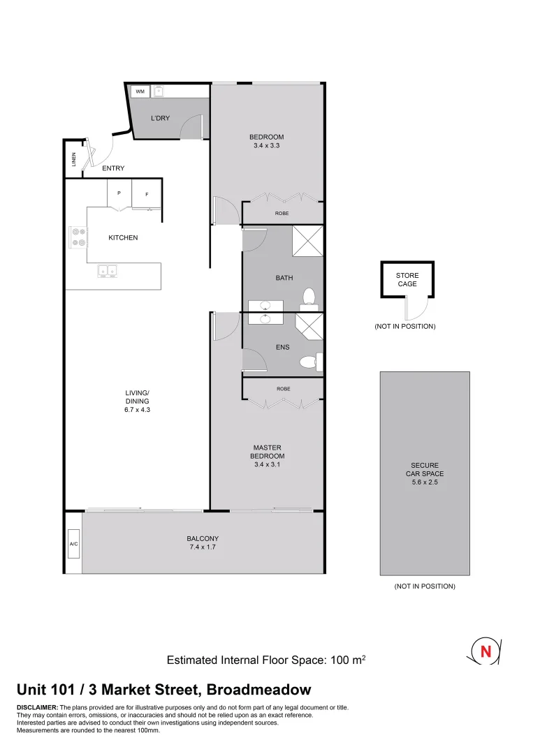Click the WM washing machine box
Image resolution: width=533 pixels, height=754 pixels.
point(140,91)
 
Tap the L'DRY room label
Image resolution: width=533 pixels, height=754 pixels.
point(160,118)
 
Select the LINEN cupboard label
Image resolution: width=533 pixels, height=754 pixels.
point(73,160)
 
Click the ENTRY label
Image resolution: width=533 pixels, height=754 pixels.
point(113,168)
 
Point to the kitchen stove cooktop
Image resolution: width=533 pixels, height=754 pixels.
point(78,237)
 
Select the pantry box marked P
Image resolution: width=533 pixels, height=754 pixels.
point(119,193)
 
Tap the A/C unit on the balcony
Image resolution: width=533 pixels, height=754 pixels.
point(73,544)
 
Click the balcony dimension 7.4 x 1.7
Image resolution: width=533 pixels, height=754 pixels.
point(203,548)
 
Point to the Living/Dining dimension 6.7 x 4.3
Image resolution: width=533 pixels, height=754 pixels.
point(138,411)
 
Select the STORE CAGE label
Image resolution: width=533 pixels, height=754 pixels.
point(407,280)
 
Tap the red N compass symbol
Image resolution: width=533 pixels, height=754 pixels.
point(484,651)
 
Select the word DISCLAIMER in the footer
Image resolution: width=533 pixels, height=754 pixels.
point(37,708)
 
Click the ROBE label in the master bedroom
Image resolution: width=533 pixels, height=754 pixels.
point(282,388)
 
